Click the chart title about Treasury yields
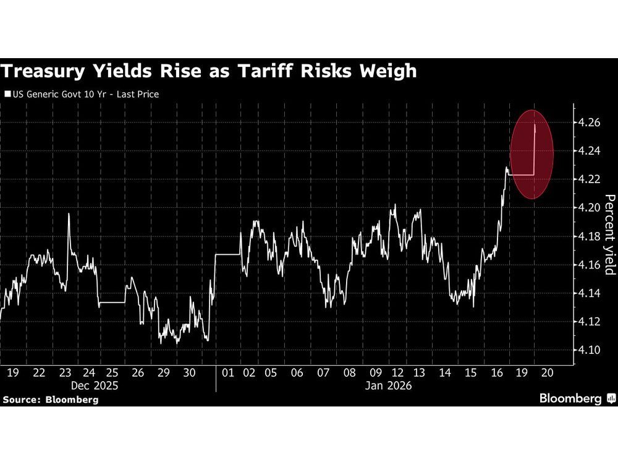click(208, 72)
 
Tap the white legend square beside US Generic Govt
click(7, 95)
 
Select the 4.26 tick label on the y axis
click(589, 122)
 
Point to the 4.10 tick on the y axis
click(589, 350)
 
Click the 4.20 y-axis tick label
click(589, 208)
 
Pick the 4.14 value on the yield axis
click(589, 293)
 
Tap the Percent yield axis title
click(609, 234)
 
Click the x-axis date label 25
click(112, 373)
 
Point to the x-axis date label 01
click(228, 373)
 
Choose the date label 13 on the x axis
click(419, 373)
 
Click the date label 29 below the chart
click(164, 373)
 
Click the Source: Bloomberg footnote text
click(51, 400)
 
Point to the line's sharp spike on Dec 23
click(68, 213)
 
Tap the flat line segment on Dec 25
click(112, 303)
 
